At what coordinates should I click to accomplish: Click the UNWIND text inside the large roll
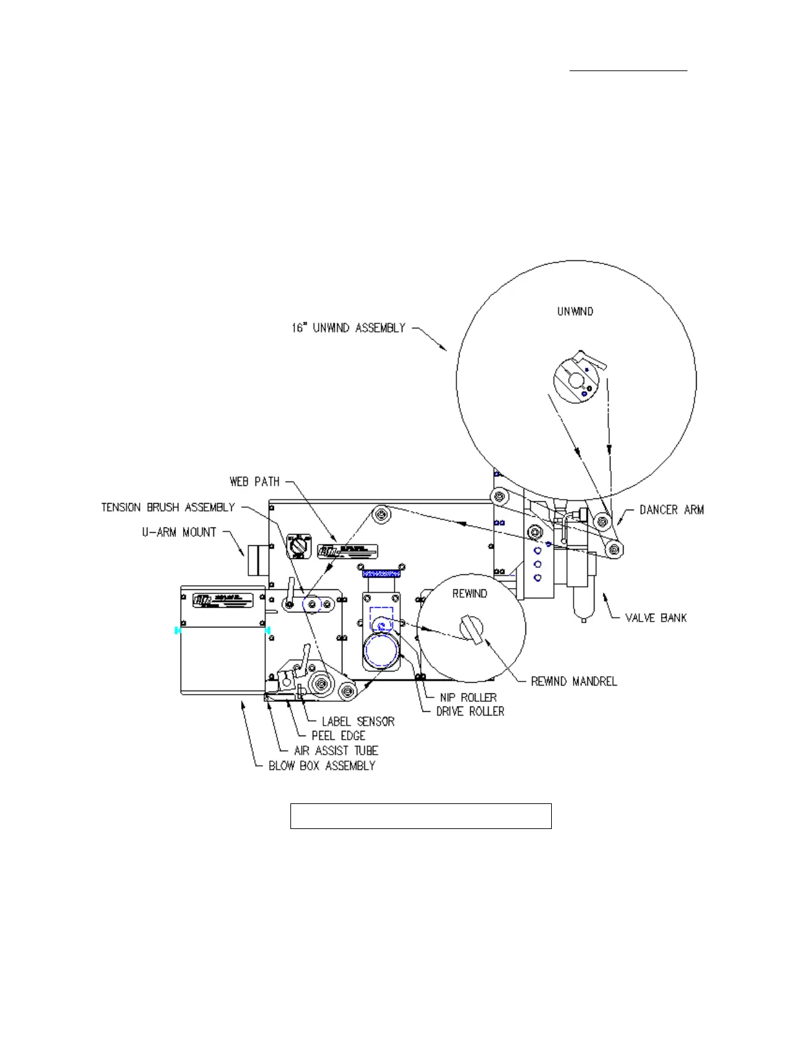[575, 311]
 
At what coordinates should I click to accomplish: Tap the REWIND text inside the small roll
[470, 594]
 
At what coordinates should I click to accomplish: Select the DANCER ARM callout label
[671, 510]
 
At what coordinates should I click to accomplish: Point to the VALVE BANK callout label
[655, 618]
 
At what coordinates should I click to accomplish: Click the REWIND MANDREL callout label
[574, 682]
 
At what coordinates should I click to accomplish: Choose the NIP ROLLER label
[468, 697]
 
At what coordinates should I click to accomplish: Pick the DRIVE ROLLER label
[470, 712]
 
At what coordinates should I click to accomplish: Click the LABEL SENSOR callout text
[358, 722]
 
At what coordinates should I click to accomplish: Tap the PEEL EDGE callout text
[338, 736]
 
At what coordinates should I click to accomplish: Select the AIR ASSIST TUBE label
[336, 751]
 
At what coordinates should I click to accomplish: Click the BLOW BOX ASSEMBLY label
[321, 766]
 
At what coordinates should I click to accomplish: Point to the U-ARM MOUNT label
[179, 532]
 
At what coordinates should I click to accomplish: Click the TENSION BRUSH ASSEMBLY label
[168, 507]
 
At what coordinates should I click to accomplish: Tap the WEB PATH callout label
[254, 482]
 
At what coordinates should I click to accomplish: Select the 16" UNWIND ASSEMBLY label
[348, 328]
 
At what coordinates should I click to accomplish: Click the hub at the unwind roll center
[576, 381]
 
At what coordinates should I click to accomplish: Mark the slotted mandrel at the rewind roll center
[471, 628]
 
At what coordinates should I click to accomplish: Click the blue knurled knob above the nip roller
[381, 574]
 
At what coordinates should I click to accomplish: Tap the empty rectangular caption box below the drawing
[421, 816]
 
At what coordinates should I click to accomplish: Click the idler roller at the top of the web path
[379, 514]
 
